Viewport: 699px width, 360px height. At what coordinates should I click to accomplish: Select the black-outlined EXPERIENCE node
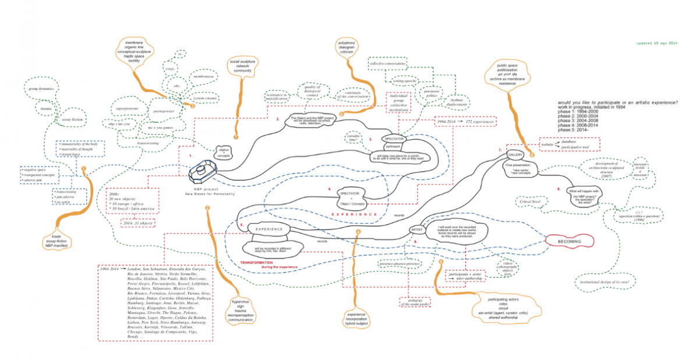tap(269, 229)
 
